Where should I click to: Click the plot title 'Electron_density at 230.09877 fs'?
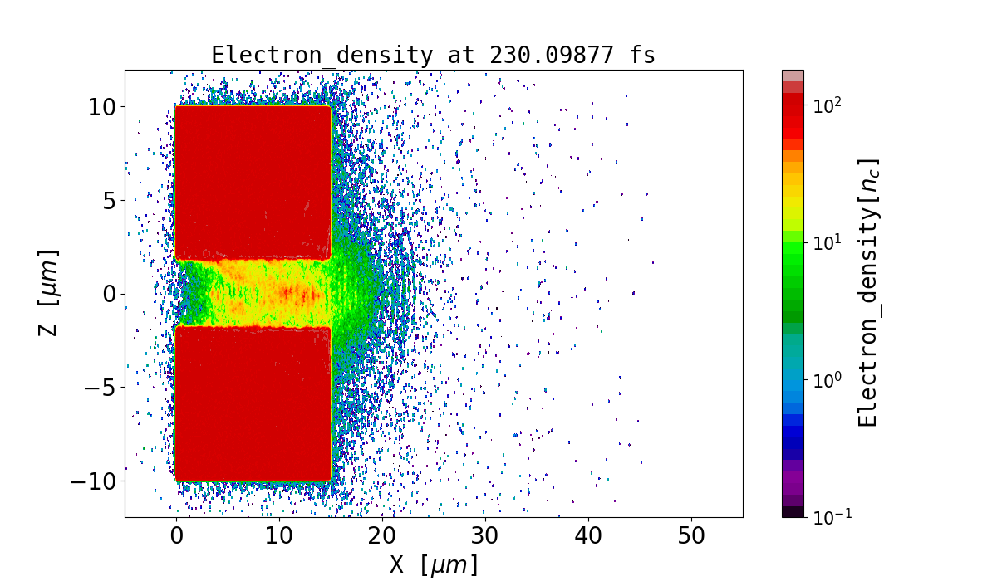coord(433,56)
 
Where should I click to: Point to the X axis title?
coord(434,564)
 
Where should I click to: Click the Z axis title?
coord(51,293)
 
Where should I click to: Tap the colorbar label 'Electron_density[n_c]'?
coord(867,293)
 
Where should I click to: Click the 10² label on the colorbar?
coord(827,107)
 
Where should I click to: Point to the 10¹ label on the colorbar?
coord(827,243)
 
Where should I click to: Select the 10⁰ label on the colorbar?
coord(827,380)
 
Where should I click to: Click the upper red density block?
coord(253,178)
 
